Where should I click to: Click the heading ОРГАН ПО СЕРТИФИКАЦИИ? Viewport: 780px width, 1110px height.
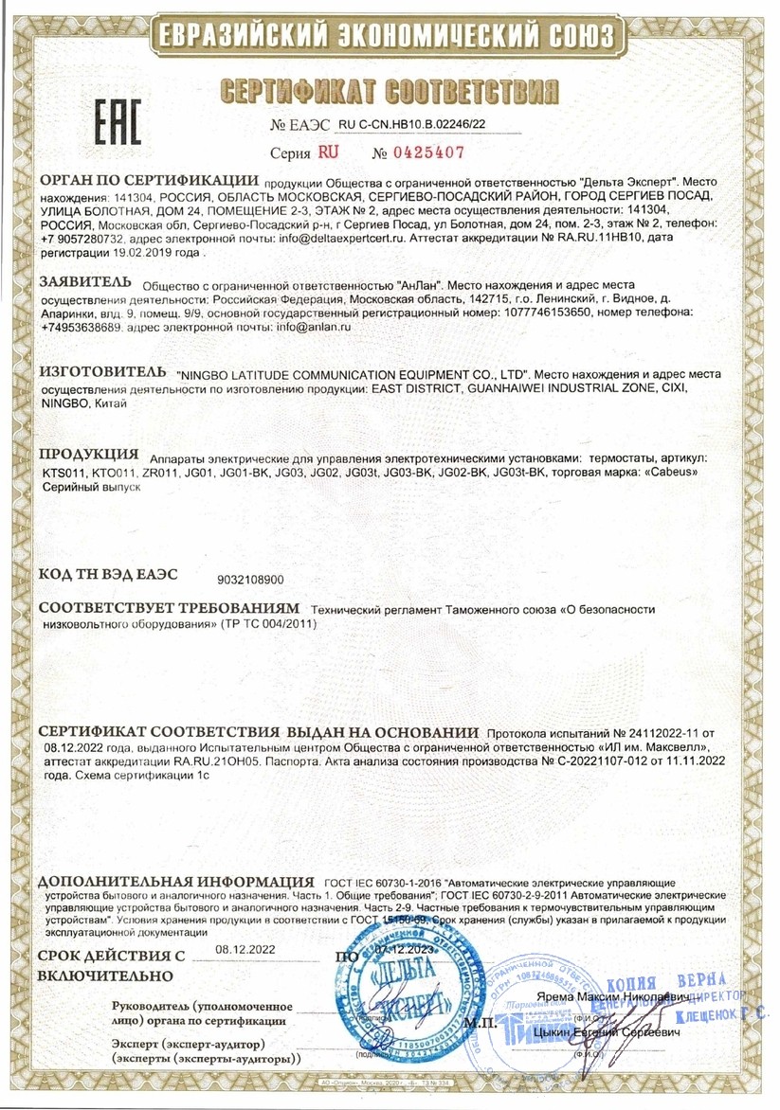click(x=149, y=180)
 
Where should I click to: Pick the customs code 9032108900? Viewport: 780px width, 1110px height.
click(x=251, y=578)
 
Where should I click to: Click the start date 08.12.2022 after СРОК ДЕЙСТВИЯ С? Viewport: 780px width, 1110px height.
click(x=245, y=949)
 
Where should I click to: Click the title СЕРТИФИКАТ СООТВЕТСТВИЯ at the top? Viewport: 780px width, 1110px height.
click(x=389, y=91)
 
